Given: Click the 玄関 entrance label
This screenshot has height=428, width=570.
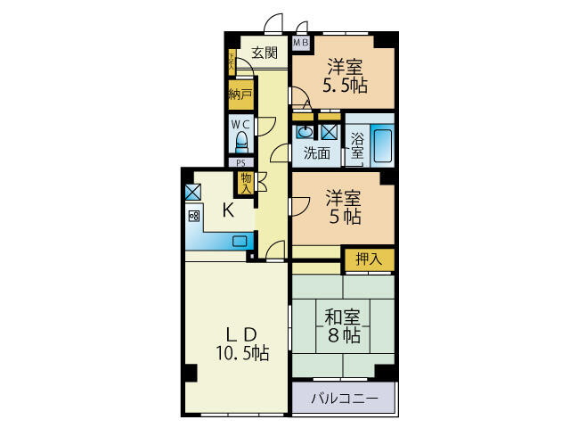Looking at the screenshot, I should pyautogui.click(x=264, y=53).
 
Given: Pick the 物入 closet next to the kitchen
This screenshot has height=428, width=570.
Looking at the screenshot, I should pyautogui.click(x=245, y=183).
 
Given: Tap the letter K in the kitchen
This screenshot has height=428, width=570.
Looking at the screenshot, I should pyautogui.click(x=228, y=210).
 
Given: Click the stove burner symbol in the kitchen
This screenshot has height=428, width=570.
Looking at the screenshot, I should pyautogui.click(x=193, y=216).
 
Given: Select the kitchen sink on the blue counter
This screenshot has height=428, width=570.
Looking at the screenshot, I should pyautogui.click(x=240, y=241).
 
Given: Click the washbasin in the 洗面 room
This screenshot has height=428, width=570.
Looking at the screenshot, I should pyautogui.click(x=304, y=132).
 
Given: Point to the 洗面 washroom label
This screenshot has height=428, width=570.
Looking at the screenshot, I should pyautogui.click(x=316, y=152).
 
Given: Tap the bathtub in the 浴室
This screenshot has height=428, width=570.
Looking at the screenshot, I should pyautogui.click(x=382, y=145).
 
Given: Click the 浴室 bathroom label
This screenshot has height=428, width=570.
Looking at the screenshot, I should pyautogui.click(x=356, y=145).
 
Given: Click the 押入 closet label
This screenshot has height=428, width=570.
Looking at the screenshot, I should pyautogui.click(x=369, y=259).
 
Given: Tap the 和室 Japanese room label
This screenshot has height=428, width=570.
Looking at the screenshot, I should pyautogui.click(x=341, y=317).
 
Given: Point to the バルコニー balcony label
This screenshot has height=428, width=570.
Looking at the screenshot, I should pyautogui.click(x=344, y=398).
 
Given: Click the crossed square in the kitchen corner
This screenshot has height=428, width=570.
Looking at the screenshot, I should pyautogui.click(x=192, y=192).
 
